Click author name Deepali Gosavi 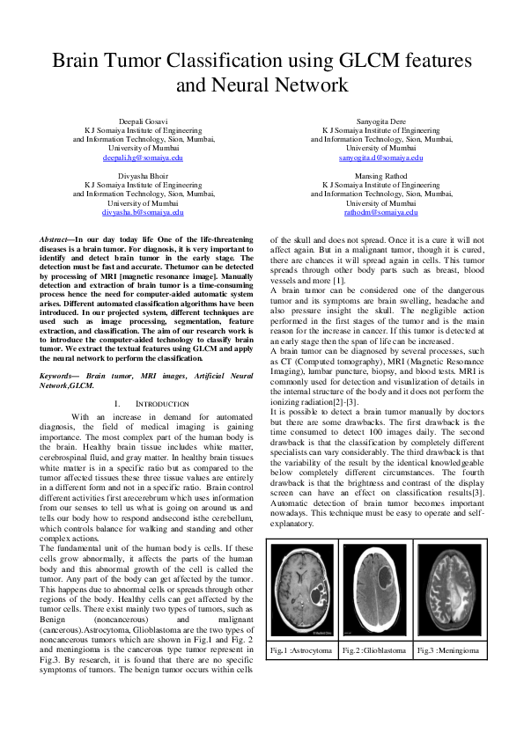[x=143, y=119]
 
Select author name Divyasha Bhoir [x=143, y=175]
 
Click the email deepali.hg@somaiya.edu [x=143, y=158]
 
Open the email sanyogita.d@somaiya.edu [x=380, y=158]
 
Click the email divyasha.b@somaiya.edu [x=143, y=213]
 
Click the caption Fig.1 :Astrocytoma [x=305, y=650]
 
